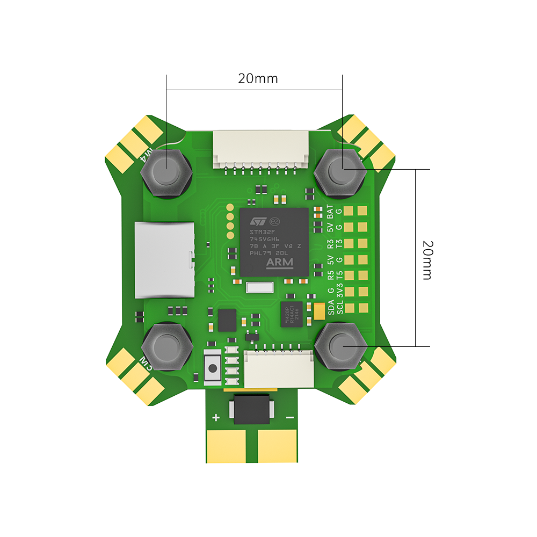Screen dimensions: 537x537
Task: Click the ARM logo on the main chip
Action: click(x=280, y=262)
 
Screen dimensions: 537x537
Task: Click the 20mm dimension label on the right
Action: click(x=427, y=259)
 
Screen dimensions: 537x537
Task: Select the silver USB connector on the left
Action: click(x=164, y=260)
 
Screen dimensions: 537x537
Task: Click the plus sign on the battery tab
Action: click(x=216, y=417)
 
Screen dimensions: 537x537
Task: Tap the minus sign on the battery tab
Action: click(x=290, y=417)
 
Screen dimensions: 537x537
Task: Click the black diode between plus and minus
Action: click(x=252, y=410)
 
